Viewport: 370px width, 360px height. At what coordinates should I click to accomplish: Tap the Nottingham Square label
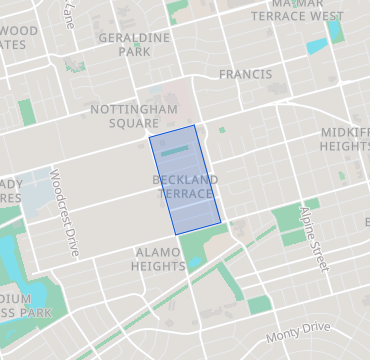(133, 115)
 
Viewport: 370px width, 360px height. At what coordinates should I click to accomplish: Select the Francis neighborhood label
(245, 74)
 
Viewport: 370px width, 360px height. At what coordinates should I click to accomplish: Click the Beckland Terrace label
(185, 185)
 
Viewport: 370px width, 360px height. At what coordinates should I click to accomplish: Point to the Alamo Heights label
(159, 259)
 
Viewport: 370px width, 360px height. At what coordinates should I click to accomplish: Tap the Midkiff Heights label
(345, 138)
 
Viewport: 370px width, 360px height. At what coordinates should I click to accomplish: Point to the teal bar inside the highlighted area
(175, 152)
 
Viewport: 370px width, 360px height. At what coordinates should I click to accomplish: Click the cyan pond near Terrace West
(317, 45)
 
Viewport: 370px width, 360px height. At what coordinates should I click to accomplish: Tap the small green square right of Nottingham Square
(222, 129)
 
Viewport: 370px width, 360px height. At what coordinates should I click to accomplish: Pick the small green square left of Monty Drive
(260, 304)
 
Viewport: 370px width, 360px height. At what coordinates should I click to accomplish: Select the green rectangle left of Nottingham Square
(27, 111)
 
